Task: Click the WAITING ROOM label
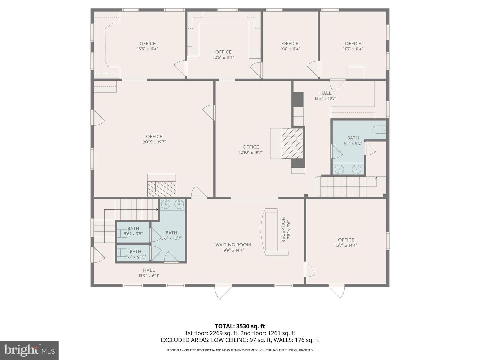[233, 245]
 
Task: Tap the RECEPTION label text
[283, 229]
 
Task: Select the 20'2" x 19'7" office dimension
[154, 142]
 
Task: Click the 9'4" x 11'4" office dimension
[290, 49]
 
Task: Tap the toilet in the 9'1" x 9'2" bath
[379, 129]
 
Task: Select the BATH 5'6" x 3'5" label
[133, 231]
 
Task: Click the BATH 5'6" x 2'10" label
[135, 254]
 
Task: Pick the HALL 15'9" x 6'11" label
[149, 273]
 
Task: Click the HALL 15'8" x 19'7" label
[325, 96]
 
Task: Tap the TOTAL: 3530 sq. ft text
[240, 326]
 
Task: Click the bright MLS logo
[29, 350]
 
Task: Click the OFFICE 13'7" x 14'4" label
[346, 242]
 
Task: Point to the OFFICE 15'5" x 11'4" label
[147, 46]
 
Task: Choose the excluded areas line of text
[240, 340]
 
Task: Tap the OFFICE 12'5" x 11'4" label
[223, 54]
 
